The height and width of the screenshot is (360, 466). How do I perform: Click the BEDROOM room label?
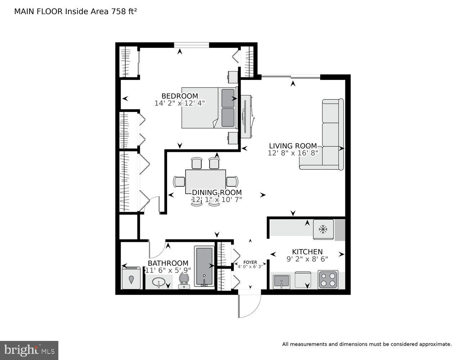pyautogui.click(x=180, y=96)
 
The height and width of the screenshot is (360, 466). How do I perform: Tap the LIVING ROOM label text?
pyautogui.click(x=293, y=146)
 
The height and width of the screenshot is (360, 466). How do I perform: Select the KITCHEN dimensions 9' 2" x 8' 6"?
pyautogui.click(x=307, y=258)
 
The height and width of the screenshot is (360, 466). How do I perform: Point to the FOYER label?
pyautogui.click(x=250, y=262)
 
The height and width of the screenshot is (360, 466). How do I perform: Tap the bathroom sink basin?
pyautogui.click(x=158, y=282)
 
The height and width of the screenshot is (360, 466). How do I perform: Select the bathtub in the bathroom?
pyautogui.click(x=204, y=266)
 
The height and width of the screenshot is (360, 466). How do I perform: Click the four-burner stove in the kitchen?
pyautogui.click(x=328, y=280)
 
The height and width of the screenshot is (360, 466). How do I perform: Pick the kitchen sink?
pyautogui.click(x=281, y=280)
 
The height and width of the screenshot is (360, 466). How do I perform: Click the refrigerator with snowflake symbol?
pyautogui.click(x=323, y=229)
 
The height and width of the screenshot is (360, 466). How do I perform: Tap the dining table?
pyautogui.click(x=205, y=181)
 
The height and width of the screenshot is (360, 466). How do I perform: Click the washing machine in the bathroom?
pyautogui.click(x=131, y=278)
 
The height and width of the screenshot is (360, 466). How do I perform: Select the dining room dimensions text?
pyautogui.click(x=216, y=199)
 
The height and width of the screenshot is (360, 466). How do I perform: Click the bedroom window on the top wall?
pyautogui.click(x=191, y=45)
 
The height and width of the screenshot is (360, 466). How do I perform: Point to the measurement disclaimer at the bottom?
pyautogui.click(x=366, y=345)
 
